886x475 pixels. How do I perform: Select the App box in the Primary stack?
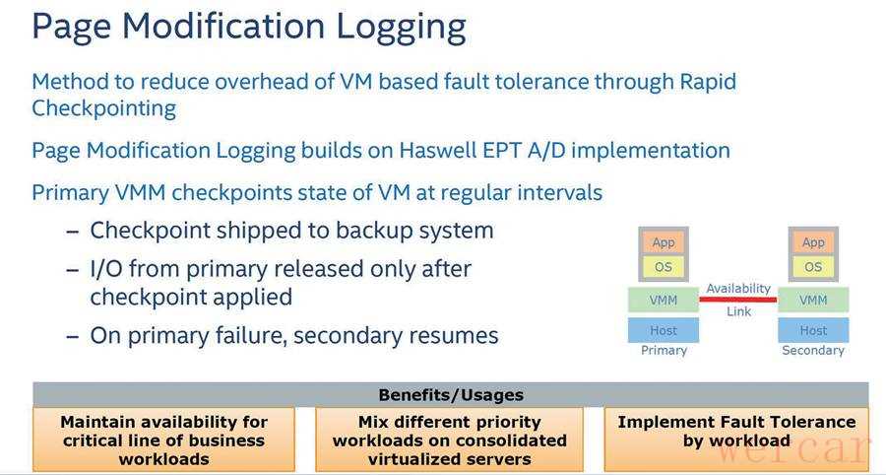point(664,242)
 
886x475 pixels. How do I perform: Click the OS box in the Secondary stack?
point(813,267)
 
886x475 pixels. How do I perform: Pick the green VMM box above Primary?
point(664,300)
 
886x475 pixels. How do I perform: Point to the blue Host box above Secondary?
point(813,330)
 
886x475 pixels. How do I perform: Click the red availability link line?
point(738,300)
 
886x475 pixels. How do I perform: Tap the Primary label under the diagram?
point(664,351)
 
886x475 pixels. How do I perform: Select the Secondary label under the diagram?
point(813,351)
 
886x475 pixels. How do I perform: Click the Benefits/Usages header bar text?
point(451,395)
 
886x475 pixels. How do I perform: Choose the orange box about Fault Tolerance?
point(736,439)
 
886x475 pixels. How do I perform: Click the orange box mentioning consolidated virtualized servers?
point(449,439)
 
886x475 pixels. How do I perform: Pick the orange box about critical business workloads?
point(163,439)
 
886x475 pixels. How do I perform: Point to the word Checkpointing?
point(104,108)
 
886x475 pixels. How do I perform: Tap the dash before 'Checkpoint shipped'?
point(72,232)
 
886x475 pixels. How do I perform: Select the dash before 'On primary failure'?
point(72,336)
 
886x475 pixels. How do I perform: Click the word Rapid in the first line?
point(708,83)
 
